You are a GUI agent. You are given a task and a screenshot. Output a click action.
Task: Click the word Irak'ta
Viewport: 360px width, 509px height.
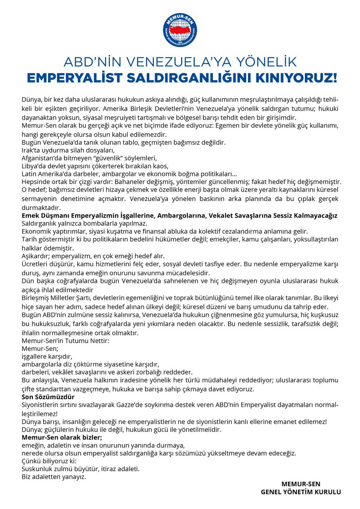coord(31,150)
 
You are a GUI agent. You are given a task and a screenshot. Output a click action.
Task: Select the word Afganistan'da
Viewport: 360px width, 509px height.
coord(41,158)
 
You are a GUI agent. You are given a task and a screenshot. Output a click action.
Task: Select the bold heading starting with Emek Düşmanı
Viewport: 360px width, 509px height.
coord(179,216)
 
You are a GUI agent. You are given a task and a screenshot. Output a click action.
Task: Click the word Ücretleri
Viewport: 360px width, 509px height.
coord(35,263)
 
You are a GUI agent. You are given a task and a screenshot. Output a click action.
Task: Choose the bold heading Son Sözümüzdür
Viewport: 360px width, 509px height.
coord(48,397)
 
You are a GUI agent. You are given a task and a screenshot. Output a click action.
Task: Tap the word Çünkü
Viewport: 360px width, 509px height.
coord(31,461)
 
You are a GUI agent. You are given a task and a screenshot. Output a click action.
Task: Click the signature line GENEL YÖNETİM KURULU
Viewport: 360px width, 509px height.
coord(301,492)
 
